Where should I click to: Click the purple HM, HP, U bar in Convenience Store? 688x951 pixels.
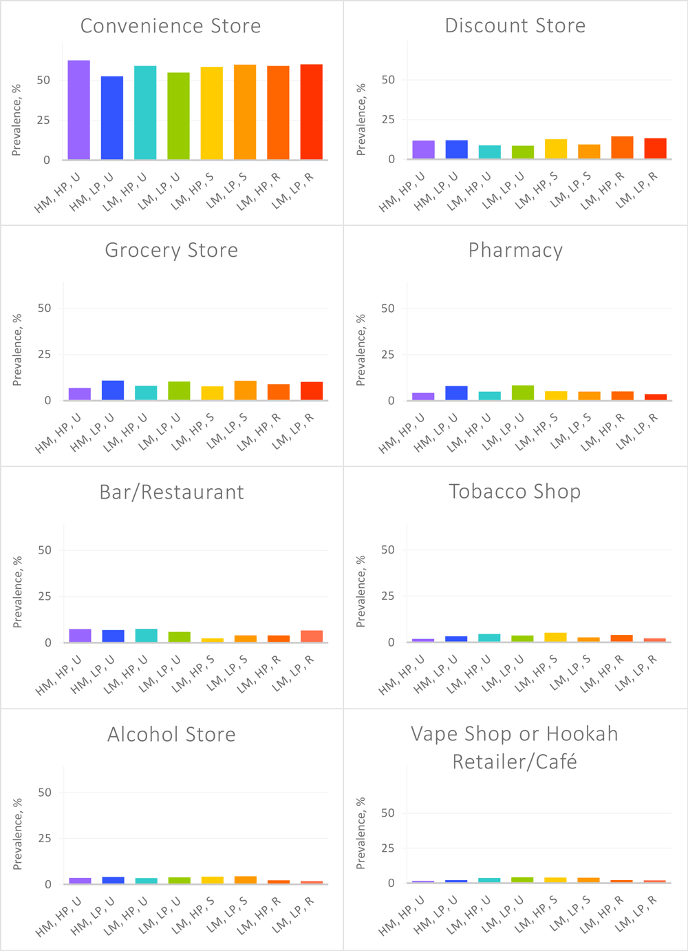[x=78, y=110]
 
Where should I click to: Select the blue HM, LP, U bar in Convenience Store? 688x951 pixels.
[x=112, y=118]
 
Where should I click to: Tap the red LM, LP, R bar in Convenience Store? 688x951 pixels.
[x=311, y=112]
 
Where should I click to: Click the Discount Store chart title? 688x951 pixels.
[x=515, y=25]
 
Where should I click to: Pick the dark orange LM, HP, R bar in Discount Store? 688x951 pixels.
[x=622, y=147]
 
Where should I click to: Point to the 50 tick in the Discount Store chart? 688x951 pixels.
[x=388, y=80]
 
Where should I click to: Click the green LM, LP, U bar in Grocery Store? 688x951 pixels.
[x=179, y=390]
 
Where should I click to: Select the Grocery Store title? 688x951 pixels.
[x=171, y=250]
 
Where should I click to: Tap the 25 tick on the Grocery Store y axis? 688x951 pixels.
[x=44, y=355]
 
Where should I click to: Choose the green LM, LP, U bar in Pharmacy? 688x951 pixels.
[x=523, y=393]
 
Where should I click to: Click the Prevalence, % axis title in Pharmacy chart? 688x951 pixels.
[x=361, y=350]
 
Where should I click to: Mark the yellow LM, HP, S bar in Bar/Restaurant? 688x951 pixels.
[x=212, y=640]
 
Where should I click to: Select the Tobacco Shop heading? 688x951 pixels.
[x=515, y=491]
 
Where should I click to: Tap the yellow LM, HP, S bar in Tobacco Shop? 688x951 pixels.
[x=555, y=637]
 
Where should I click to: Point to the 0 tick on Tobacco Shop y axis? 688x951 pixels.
[x=391, y=642]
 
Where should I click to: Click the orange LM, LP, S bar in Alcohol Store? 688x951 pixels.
[x=245, y=879]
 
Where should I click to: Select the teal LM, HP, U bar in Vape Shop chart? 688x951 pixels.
[x=489, y=880]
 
